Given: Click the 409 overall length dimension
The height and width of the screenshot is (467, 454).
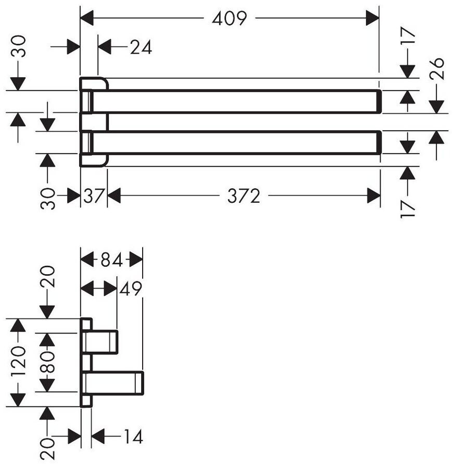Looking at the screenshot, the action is click(230, 18).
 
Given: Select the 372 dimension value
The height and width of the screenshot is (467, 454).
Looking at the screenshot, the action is click(244, 196).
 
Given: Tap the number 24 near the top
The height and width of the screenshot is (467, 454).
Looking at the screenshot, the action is click(141, 47).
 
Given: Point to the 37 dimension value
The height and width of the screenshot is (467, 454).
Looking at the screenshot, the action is click(94, 195).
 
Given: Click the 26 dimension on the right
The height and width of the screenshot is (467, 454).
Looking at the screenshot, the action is click(437, 68).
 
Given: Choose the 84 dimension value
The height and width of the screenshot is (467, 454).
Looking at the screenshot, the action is click(111, 260).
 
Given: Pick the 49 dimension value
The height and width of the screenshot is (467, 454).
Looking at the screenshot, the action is click(131, 288).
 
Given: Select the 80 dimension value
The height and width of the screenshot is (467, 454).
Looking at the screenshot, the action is click(47, 362).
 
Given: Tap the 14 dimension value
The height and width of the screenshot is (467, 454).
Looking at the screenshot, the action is click(133, 437).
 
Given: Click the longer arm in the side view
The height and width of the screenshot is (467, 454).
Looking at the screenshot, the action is click(115, 383).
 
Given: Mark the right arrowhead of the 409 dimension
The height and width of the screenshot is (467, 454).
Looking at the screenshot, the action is click(372, 18).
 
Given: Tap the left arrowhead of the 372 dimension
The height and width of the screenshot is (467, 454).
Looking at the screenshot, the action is click(114, 195).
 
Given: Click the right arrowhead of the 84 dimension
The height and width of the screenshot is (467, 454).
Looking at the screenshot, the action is click(136, 260).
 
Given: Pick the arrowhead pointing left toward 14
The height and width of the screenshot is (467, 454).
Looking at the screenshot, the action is click(98, 437).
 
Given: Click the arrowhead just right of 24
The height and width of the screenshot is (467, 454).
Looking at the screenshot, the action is click(105, 47).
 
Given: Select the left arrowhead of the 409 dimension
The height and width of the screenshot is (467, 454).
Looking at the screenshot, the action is click(87, 18).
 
